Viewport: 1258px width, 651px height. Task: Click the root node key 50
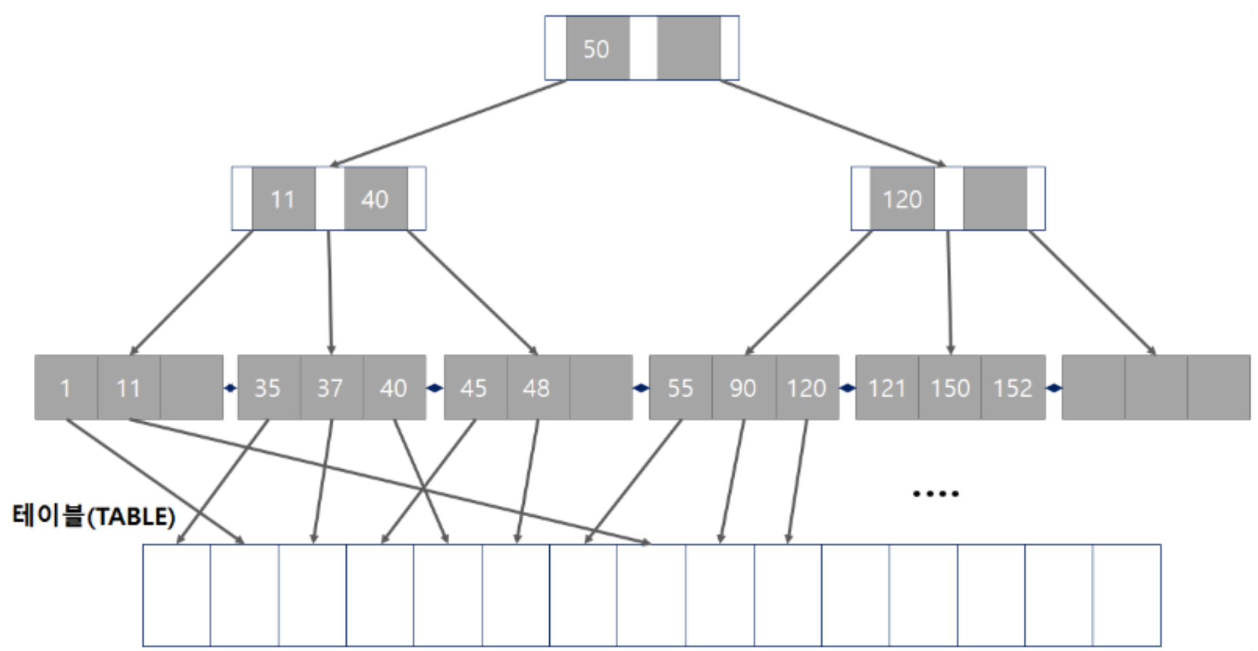597,48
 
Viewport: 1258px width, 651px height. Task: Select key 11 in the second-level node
283,199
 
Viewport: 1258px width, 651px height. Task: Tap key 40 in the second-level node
375,199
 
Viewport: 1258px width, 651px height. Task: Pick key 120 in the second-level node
902,199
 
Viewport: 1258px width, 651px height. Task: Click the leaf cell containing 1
65,387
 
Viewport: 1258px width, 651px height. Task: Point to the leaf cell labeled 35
268,387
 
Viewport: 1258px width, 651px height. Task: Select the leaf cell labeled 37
331,387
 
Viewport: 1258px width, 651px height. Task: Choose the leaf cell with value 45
474,387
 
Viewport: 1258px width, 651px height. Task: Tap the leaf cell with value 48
537,387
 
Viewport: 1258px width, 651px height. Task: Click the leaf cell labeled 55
680,387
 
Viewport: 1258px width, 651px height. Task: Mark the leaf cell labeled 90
743,387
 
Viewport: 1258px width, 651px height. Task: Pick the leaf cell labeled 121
886,387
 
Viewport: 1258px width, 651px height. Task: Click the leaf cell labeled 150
950,387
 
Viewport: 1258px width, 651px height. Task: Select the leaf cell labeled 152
1013,387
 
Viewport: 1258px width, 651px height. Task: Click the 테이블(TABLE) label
94,516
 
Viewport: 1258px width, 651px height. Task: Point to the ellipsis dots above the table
936,493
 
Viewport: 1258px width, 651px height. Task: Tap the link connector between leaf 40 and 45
434,388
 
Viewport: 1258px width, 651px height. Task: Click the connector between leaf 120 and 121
847,388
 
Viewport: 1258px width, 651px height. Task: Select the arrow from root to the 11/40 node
448,123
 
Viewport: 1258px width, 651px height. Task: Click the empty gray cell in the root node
688,48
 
